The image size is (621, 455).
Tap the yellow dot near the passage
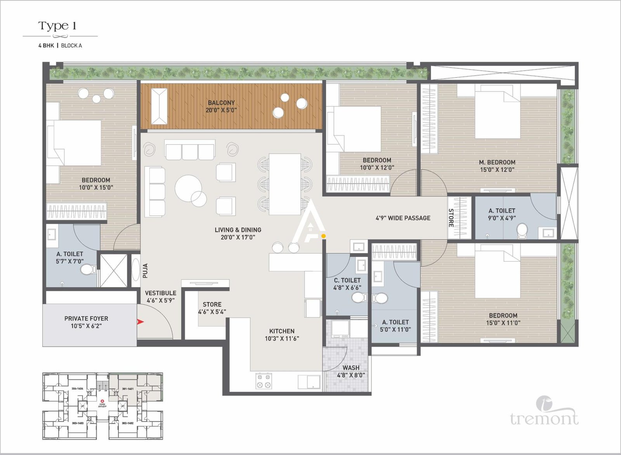pos(323,236)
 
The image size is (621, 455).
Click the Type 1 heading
pos(57,26)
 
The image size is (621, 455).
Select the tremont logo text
pos(544,419)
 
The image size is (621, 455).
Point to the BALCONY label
pos(221,103)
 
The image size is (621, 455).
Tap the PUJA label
pos(146,271)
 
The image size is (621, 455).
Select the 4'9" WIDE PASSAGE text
pos(403,218)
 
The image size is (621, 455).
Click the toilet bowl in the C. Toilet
pos(359,298)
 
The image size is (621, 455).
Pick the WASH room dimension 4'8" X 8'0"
pos(351,375)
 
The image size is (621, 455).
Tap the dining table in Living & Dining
pos(285,184)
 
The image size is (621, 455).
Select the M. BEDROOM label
pos(497,162)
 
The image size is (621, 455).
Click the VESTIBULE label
pos(161,293)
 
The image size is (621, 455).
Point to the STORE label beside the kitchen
pos(212,304)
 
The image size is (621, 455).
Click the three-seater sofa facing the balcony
pos(190,151)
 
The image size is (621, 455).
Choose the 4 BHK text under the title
pos(46,45)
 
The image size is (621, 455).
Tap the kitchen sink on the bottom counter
pos(309,382)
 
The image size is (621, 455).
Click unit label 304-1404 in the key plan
pos(78,389)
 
